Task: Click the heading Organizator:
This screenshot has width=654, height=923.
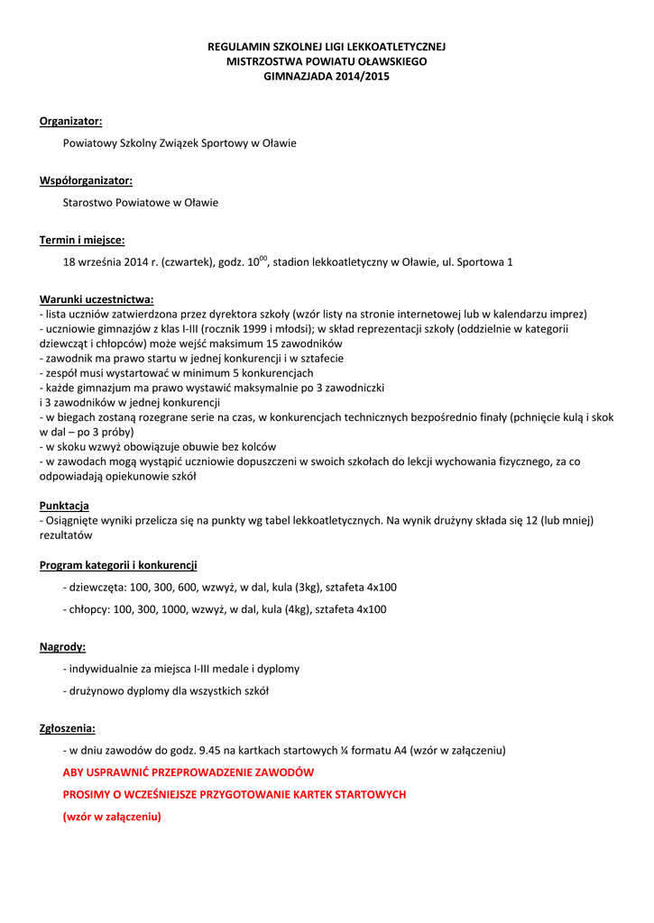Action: click(70, 121)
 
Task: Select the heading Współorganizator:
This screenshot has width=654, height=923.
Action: click(86, 180)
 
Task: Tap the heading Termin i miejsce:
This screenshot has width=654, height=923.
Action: click(82, 240)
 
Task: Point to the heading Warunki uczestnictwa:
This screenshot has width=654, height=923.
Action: click(97, 299)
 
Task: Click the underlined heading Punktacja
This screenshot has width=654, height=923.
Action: click(64, 506)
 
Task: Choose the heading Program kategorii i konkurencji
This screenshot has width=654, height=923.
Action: click(118, 565)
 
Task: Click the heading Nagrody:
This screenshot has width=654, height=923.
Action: click(63, 646)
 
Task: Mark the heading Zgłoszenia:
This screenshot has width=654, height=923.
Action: click(68, 727)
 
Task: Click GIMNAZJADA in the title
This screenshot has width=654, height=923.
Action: click(295, 77)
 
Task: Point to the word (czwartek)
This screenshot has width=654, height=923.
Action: click(187, 262)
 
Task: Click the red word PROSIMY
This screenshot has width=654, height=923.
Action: click(86, 794)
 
